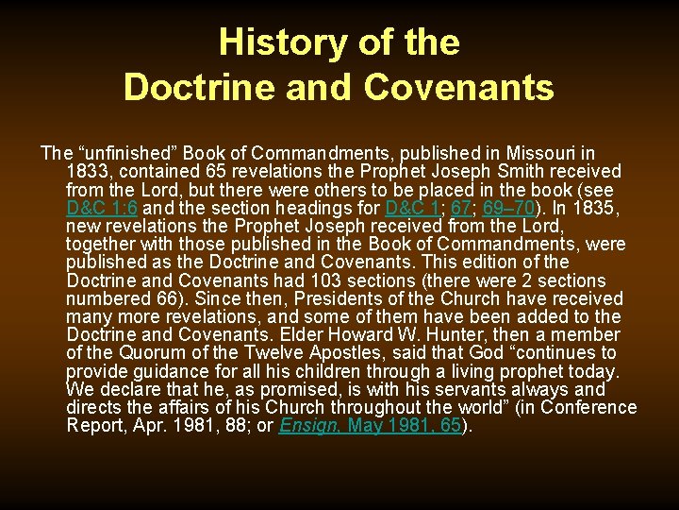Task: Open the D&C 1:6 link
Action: (102, 208)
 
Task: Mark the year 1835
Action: (598, 208)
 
